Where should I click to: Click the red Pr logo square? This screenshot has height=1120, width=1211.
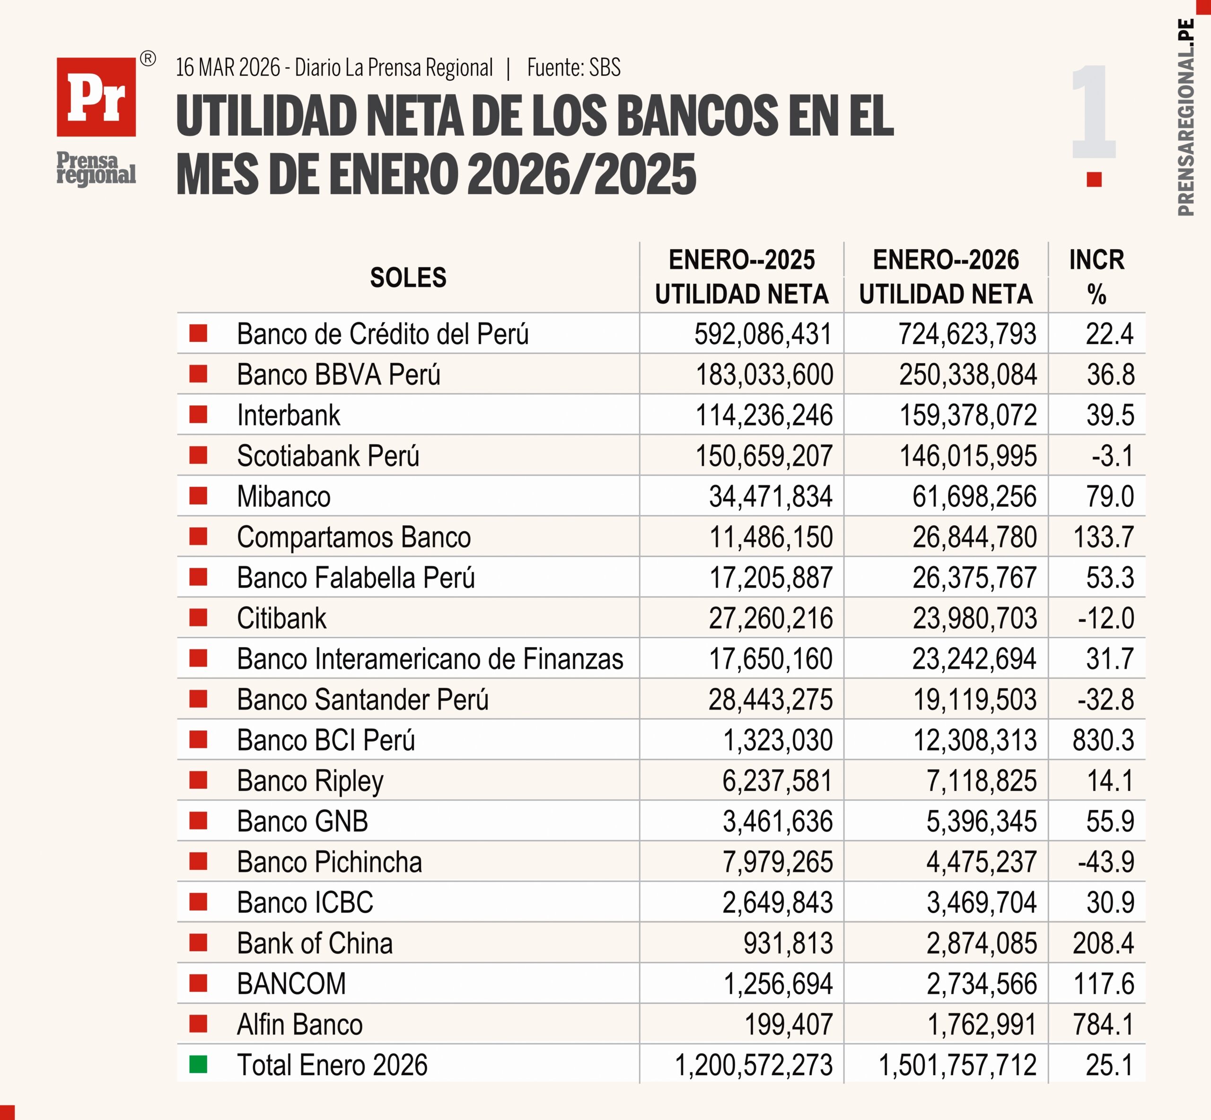(x=96, y=97)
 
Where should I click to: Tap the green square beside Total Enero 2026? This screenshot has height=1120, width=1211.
(x=198, y=1064)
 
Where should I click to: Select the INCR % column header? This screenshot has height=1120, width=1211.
(x=1097, y=277)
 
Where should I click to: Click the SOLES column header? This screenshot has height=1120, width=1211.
(x=408, y=278)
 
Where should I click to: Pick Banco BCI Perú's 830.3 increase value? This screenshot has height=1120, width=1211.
(x=1103, y=740)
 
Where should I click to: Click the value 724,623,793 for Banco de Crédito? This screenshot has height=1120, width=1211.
(x=967, y=334)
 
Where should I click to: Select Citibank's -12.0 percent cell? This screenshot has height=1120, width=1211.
(x=1106, y=618)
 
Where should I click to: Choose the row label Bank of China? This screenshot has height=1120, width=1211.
(x=315, y=943)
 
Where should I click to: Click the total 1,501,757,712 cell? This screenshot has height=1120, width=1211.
(x=957, y=1065)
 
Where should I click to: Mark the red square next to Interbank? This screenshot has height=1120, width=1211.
(x=198, y=415)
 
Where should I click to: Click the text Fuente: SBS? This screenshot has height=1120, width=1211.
(x=574, y=67)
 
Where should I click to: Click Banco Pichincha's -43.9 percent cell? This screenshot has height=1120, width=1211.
(x=1106, y=862)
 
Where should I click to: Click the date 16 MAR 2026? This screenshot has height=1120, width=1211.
(x=228, y=67)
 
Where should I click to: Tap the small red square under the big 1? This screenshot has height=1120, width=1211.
(x=1094, y=179)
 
